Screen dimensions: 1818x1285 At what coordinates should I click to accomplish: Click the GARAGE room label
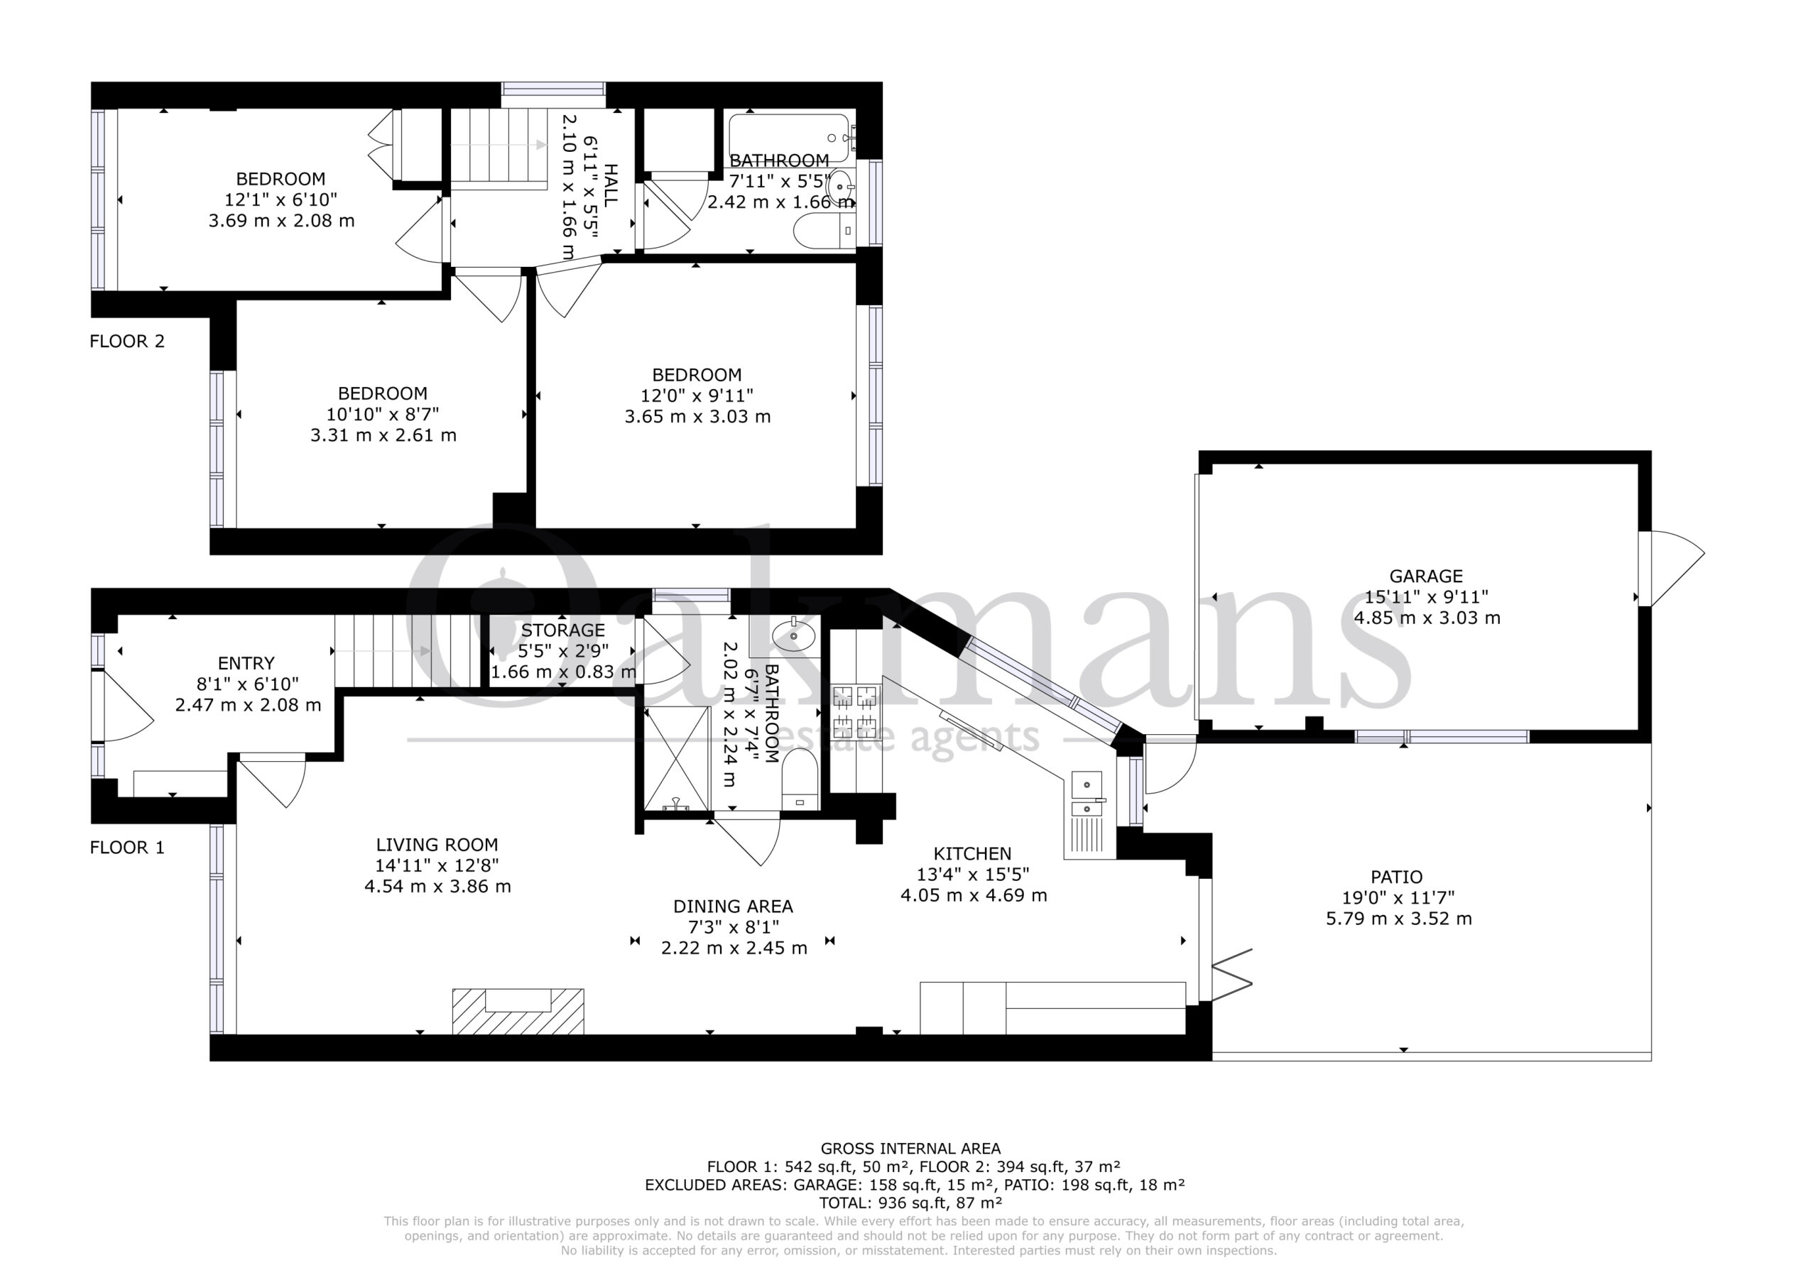[1426, 576]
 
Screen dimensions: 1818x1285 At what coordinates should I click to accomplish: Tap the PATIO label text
[1397, 877]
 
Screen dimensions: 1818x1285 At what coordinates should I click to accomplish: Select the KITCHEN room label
[972, 853]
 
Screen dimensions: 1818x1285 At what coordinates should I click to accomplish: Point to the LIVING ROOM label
[437, 845]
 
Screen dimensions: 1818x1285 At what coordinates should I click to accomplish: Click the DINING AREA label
[733, 907]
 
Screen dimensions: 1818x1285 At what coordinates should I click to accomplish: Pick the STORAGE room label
[563, 630]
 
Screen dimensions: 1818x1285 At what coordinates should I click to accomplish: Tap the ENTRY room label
[246, 664]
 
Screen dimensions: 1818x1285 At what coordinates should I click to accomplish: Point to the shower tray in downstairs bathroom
[677, 758]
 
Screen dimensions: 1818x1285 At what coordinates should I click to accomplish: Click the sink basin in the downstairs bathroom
[794, 635]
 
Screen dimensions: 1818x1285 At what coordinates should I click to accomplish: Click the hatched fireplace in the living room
[518, 1011]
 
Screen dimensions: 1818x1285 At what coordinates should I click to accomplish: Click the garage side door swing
[1672, 568]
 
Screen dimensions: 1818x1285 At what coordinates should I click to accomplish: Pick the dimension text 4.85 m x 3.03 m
[1427, 618]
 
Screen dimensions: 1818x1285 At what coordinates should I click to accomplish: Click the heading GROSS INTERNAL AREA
[910, 1149]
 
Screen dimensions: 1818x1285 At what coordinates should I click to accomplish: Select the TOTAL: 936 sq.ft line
[910, 1203]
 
